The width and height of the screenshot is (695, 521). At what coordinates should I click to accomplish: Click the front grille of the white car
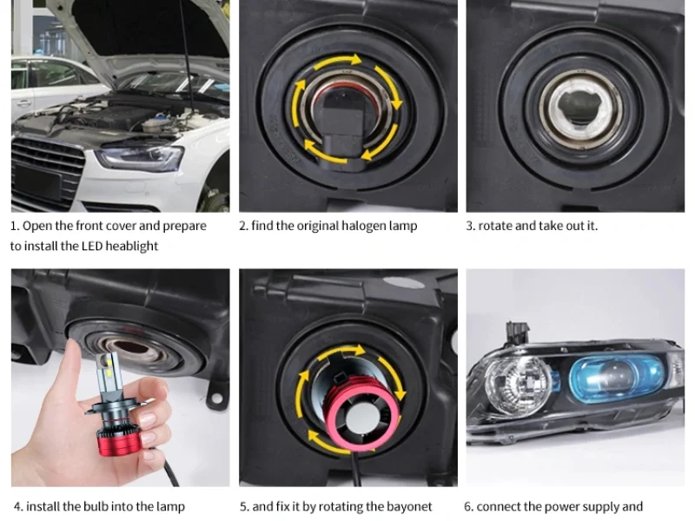pos(47,172)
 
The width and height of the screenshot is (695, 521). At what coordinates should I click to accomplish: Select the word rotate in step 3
pos(495,226)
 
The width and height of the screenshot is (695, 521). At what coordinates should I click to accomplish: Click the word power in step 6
pos(560,507)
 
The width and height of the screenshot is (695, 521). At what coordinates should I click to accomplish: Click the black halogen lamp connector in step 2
pos(341,127)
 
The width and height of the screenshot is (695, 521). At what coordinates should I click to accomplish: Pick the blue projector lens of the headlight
pos(615,379)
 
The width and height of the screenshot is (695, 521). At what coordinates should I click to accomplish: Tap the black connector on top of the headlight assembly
pos(517,333)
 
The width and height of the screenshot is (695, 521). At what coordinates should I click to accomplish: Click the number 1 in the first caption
pos(15,226)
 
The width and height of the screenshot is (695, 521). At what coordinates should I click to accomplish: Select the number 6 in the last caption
pos(468,506)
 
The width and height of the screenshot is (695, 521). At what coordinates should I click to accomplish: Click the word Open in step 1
pos(35,227)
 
